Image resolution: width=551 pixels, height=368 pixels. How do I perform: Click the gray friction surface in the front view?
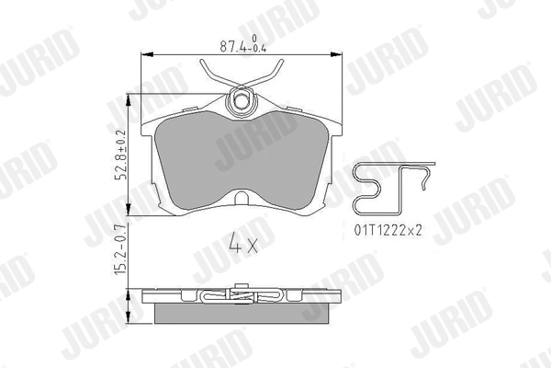[x=242, y=156]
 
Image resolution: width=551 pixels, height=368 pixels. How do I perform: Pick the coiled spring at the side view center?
[x=242, y=297]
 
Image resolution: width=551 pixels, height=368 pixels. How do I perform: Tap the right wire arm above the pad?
[x=270, y=69]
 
